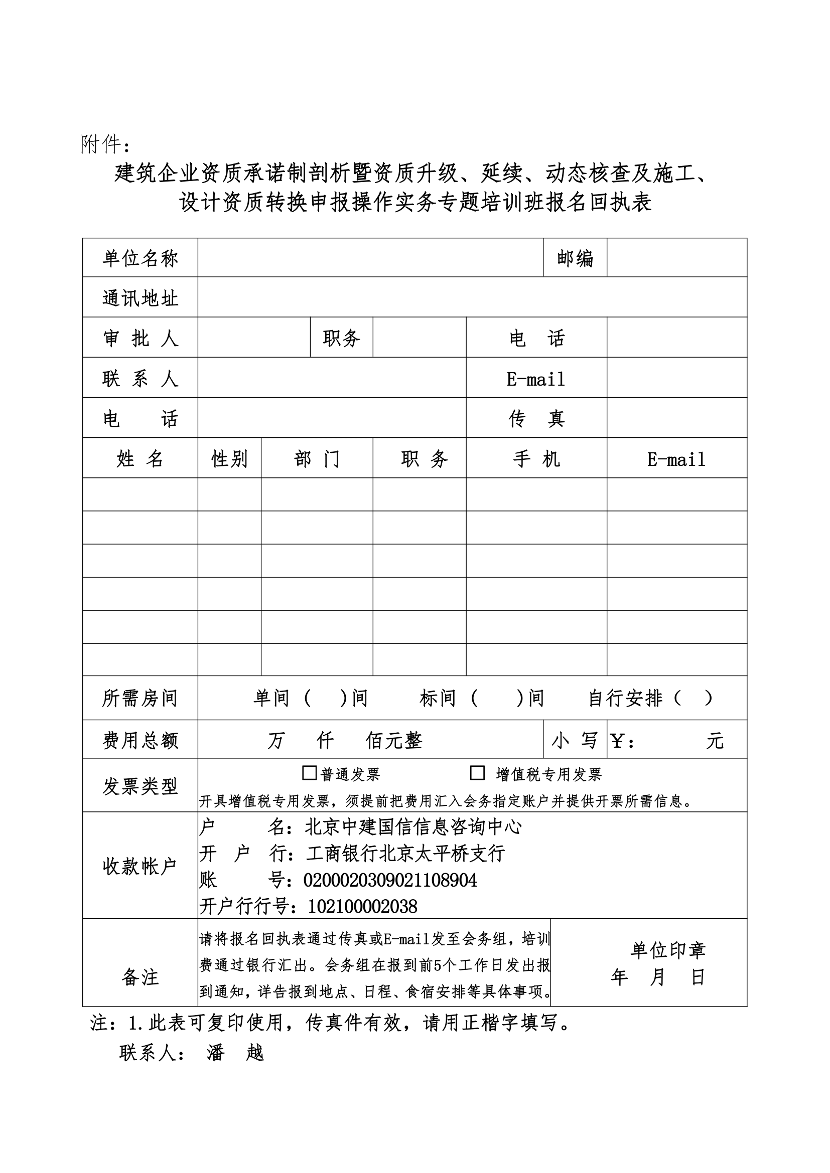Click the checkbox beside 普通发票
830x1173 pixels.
(309, 773)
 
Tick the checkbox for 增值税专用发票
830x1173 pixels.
(477, 773)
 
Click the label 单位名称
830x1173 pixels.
(140, 258)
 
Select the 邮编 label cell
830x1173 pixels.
(575, 258)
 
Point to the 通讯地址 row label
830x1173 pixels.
(140, 298)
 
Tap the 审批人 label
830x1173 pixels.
(140, 338)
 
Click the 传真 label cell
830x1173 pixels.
(536, 419)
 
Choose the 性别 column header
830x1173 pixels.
(229, 459)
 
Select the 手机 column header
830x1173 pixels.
(536, 459)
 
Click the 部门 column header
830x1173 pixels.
(317, 459)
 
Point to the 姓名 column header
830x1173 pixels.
(140, 459)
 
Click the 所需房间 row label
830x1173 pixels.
(140, 699)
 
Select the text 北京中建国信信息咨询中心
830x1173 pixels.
(413, 827)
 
